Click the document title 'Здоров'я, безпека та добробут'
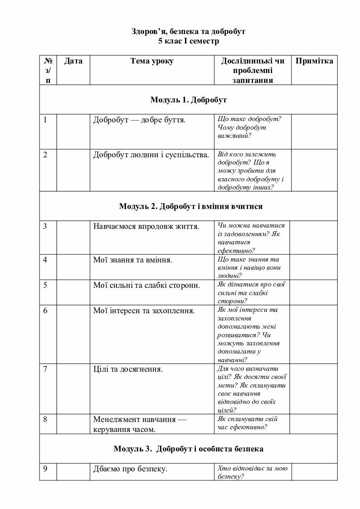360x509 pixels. pyautogui.click(x=188, y=32)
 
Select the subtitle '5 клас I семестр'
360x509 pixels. pyautogui.click(x=188, y=41)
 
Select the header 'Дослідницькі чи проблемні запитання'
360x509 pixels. pyautogui.click(x=253, y=71)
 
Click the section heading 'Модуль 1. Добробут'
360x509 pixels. pyautogui.click(x=188, y=100)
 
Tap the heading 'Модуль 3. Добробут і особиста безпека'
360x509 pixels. pyautogui.click(x=188, y=449)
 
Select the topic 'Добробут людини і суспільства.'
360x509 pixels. pyautogui.click(x=151, y=155)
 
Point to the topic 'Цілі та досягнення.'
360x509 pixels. pyautogui.click(x=128, y=369)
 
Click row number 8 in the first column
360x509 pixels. pyautogui.click(x=45, y=419)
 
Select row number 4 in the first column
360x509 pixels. pyautogui.click(x=45, y=260)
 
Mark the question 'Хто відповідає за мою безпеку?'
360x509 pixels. pyautogui.click(x=253, y=472)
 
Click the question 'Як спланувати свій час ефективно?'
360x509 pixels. pyautogui.click(x=248, y=423)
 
